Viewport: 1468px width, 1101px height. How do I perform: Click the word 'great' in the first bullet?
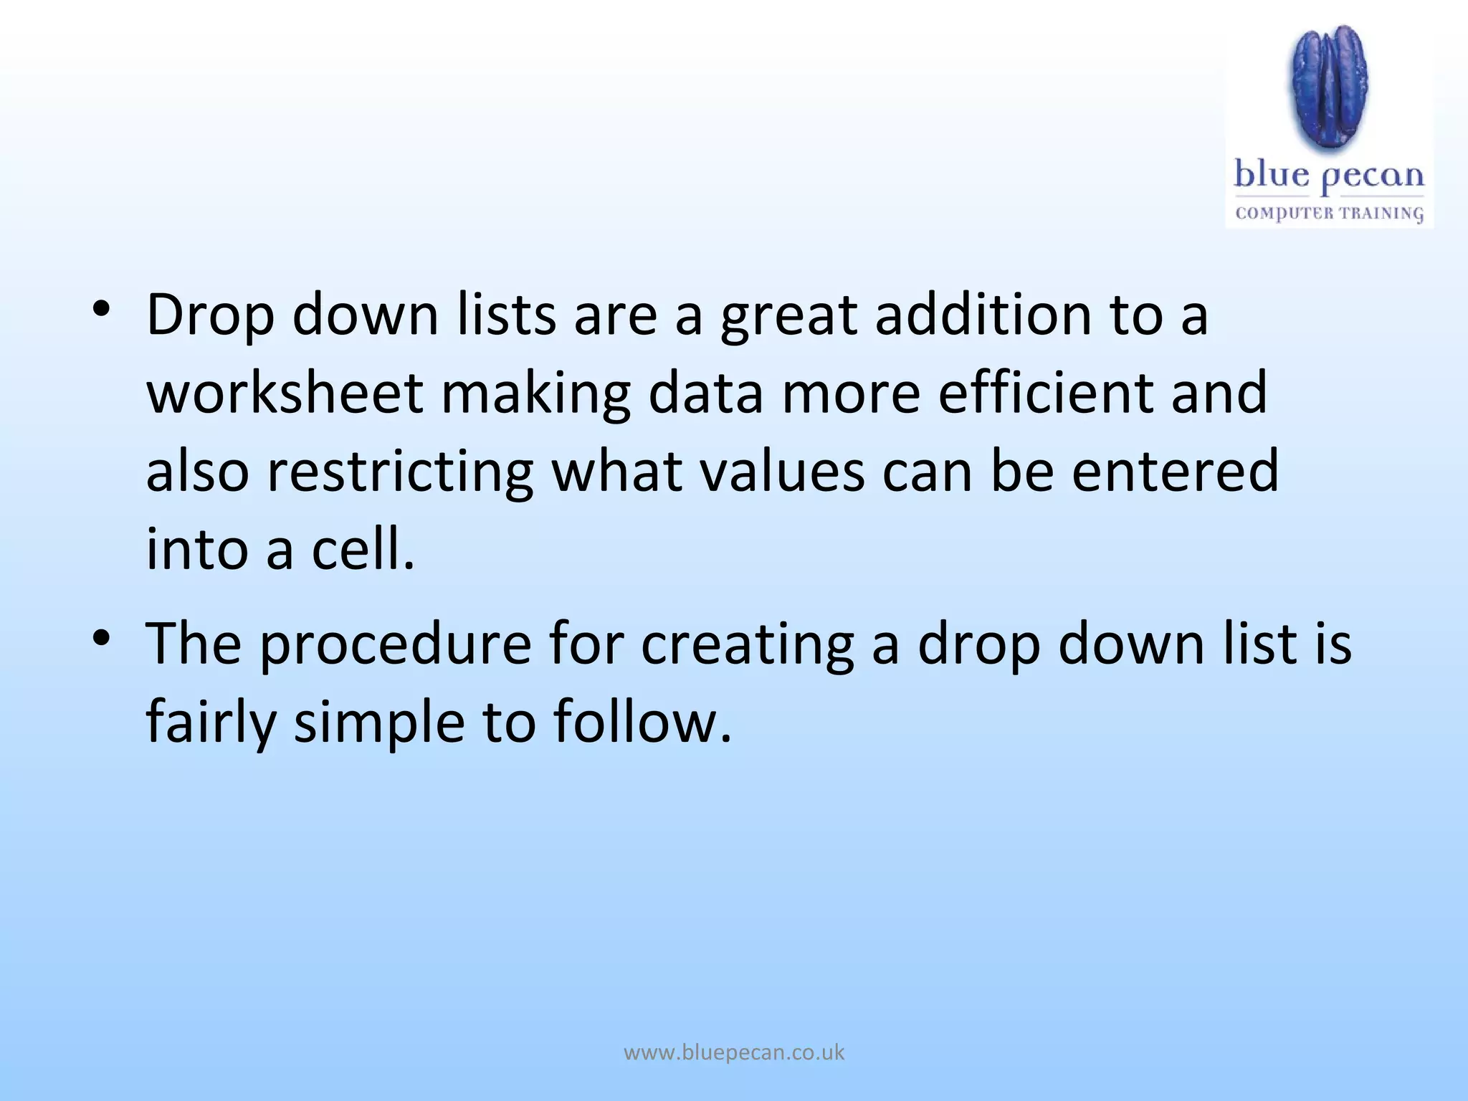[788, 317]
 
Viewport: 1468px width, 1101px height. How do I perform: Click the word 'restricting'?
[400, 473]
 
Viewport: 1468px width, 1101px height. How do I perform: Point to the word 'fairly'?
[211, 723]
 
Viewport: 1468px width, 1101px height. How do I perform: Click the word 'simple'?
[379, 723]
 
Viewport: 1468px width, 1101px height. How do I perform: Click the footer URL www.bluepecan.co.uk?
[734, 1052]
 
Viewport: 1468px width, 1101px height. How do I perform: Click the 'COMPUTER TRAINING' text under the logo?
[1329, 214]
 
